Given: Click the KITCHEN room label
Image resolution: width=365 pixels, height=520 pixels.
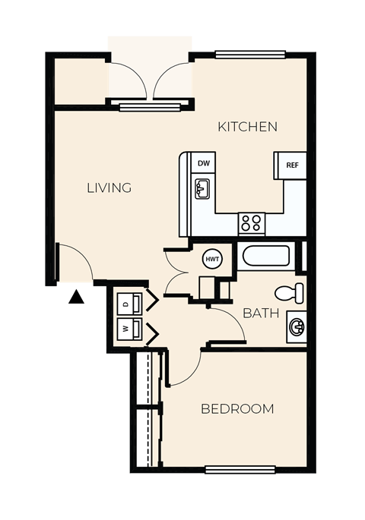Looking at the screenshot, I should click(x=247, y=127).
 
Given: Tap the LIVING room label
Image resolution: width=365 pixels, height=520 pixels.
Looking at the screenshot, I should click(x=108, y=188).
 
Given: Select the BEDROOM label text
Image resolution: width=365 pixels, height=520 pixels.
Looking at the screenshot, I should click(x=236, y=409).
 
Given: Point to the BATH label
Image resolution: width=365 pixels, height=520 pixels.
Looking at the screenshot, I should click(x=260, y=313).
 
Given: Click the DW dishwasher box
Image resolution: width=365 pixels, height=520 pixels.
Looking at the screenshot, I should click(x=203, y=163).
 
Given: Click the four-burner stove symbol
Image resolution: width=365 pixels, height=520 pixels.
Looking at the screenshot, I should click(x=251, y=222).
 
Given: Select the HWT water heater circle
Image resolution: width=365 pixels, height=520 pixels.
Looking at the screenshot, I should click(x=212, y=260).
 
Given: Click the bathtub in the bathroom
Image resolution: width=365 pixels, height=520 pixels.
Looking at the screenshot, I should click(x=265, y=255).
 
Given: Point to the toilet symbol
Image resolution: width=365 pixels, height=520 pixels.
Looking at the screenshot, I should click(x=290, y=292).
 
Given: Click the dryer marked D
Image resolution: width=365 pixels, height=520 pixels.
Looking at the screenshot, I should click(x=128, y=302).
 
